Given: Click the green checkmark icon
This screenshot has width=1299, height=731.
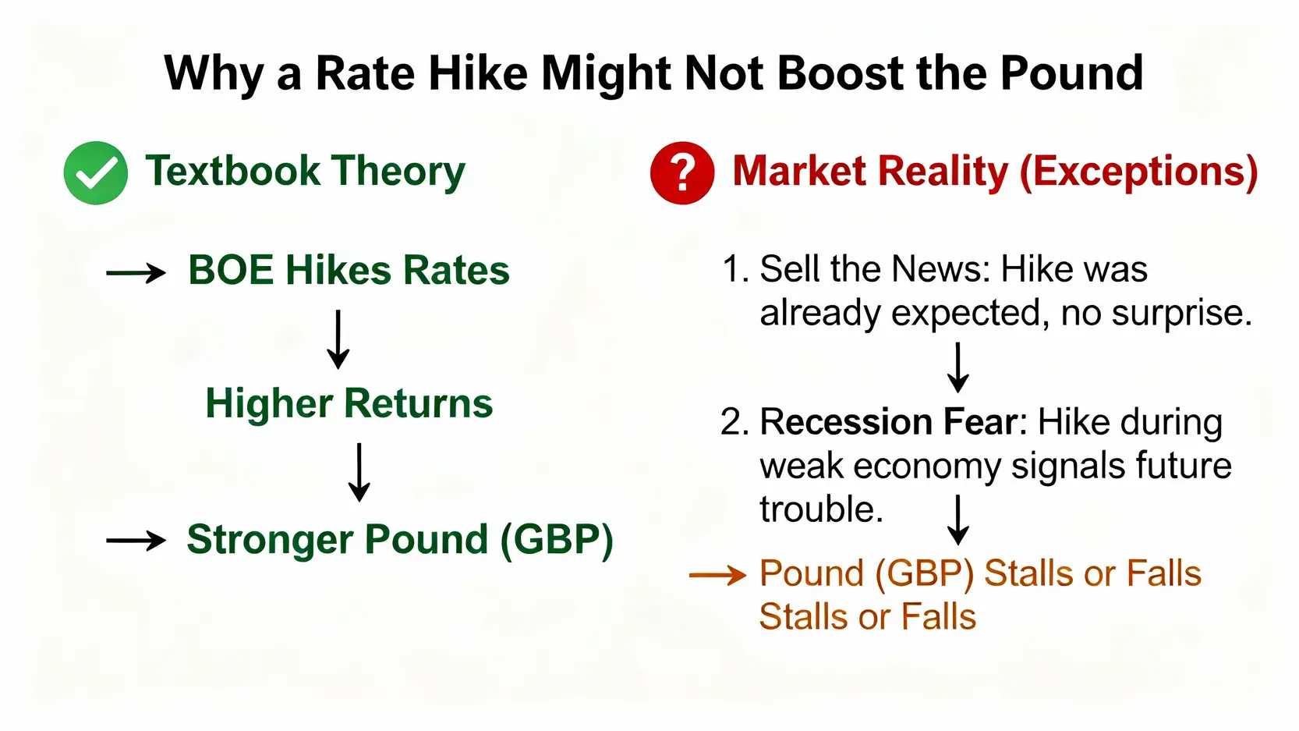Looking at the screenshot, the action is coord(96,173).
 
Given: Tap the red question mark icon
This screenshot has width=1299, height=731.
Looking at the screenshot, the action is coord(682,173).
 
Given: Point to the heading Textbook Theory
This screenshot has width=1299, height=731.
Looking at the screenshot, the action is coord(305,172).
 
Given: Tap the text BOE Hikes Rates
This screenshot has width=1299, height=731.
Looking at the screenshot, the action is coord(349,271).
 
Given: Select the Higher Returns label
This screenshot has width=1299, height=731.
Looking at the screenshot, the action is coord(349,403).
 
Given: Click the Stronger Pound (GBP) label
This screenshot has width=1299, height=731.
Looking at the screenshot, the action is coord(399,540).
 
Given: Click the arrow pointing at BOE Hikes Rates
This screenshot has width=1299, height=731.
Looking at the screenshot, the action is coord(136,273).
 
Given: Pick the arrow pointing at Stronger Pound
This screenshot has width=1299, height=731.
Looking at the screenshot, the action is coord(136,541).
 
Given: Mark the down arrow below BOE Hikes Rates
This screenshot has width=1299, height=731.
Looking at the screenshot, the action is coord(338,339).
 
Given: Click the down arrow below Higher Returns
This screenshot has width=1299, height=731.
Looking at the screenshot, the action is coord(359,472).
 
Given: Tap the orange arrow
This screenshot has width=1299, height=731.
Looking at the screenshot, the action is coord(718,576).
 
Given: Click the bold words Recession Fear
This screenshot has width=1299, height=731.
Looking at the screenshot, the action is coord(888,422).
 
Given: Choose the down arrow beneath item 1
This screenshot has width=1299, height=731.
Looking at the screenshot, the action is coord(958,367).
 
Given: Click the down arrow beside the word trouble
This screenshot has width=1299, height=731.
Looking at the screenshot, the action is coord(958,520).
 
